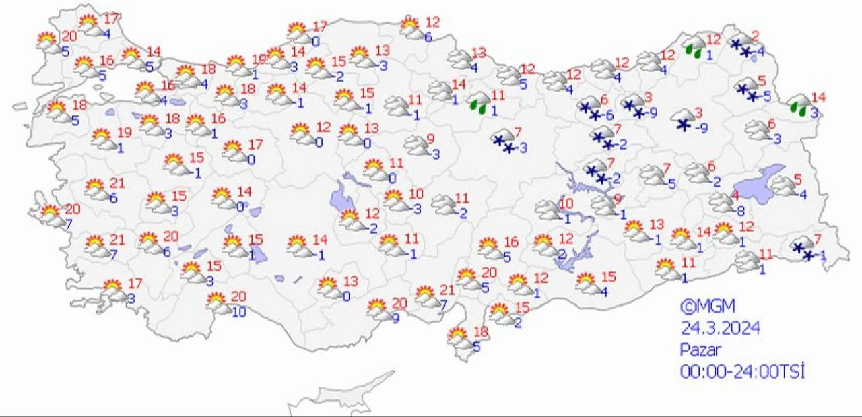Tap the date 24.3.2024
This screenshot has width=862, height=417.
pyautogui.click(x=720, y=328)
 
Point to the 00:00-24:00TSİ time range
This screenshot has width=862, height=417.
pyautogui.click(x=742, y=371)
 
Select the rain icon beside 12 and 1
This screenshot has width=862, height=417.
pyautogui.click(x=694, y=48)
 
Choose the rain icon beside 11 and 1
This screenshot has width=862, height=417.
pyautogui.click(x=479, y=103)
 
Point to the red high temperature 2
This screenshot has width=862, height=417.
pyautogui.click(x=755, y=36)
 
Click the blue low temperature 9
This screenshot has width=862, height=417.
pyautogui.click(x=395, y=317)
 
